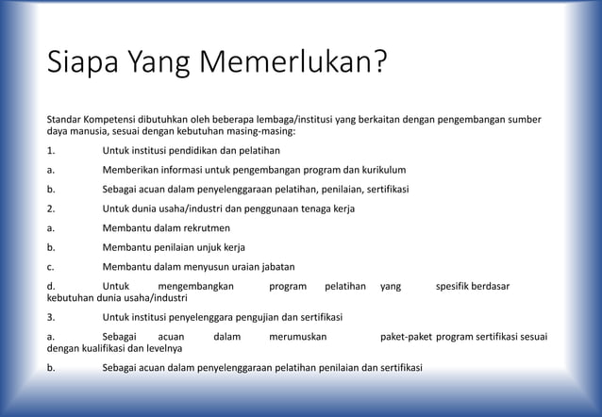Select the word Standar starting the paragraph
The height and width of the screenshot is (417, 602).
(x=67, y=120)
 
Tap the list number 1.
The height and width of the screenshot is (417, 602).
(x=51, y=151)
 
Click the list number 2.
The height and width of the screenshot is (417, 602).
(x=51, y=208)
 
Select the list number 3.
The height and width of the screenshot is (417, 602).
(x=51, y=317)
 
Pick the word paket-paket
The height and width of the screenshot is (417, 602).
(x=406, y=337)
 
